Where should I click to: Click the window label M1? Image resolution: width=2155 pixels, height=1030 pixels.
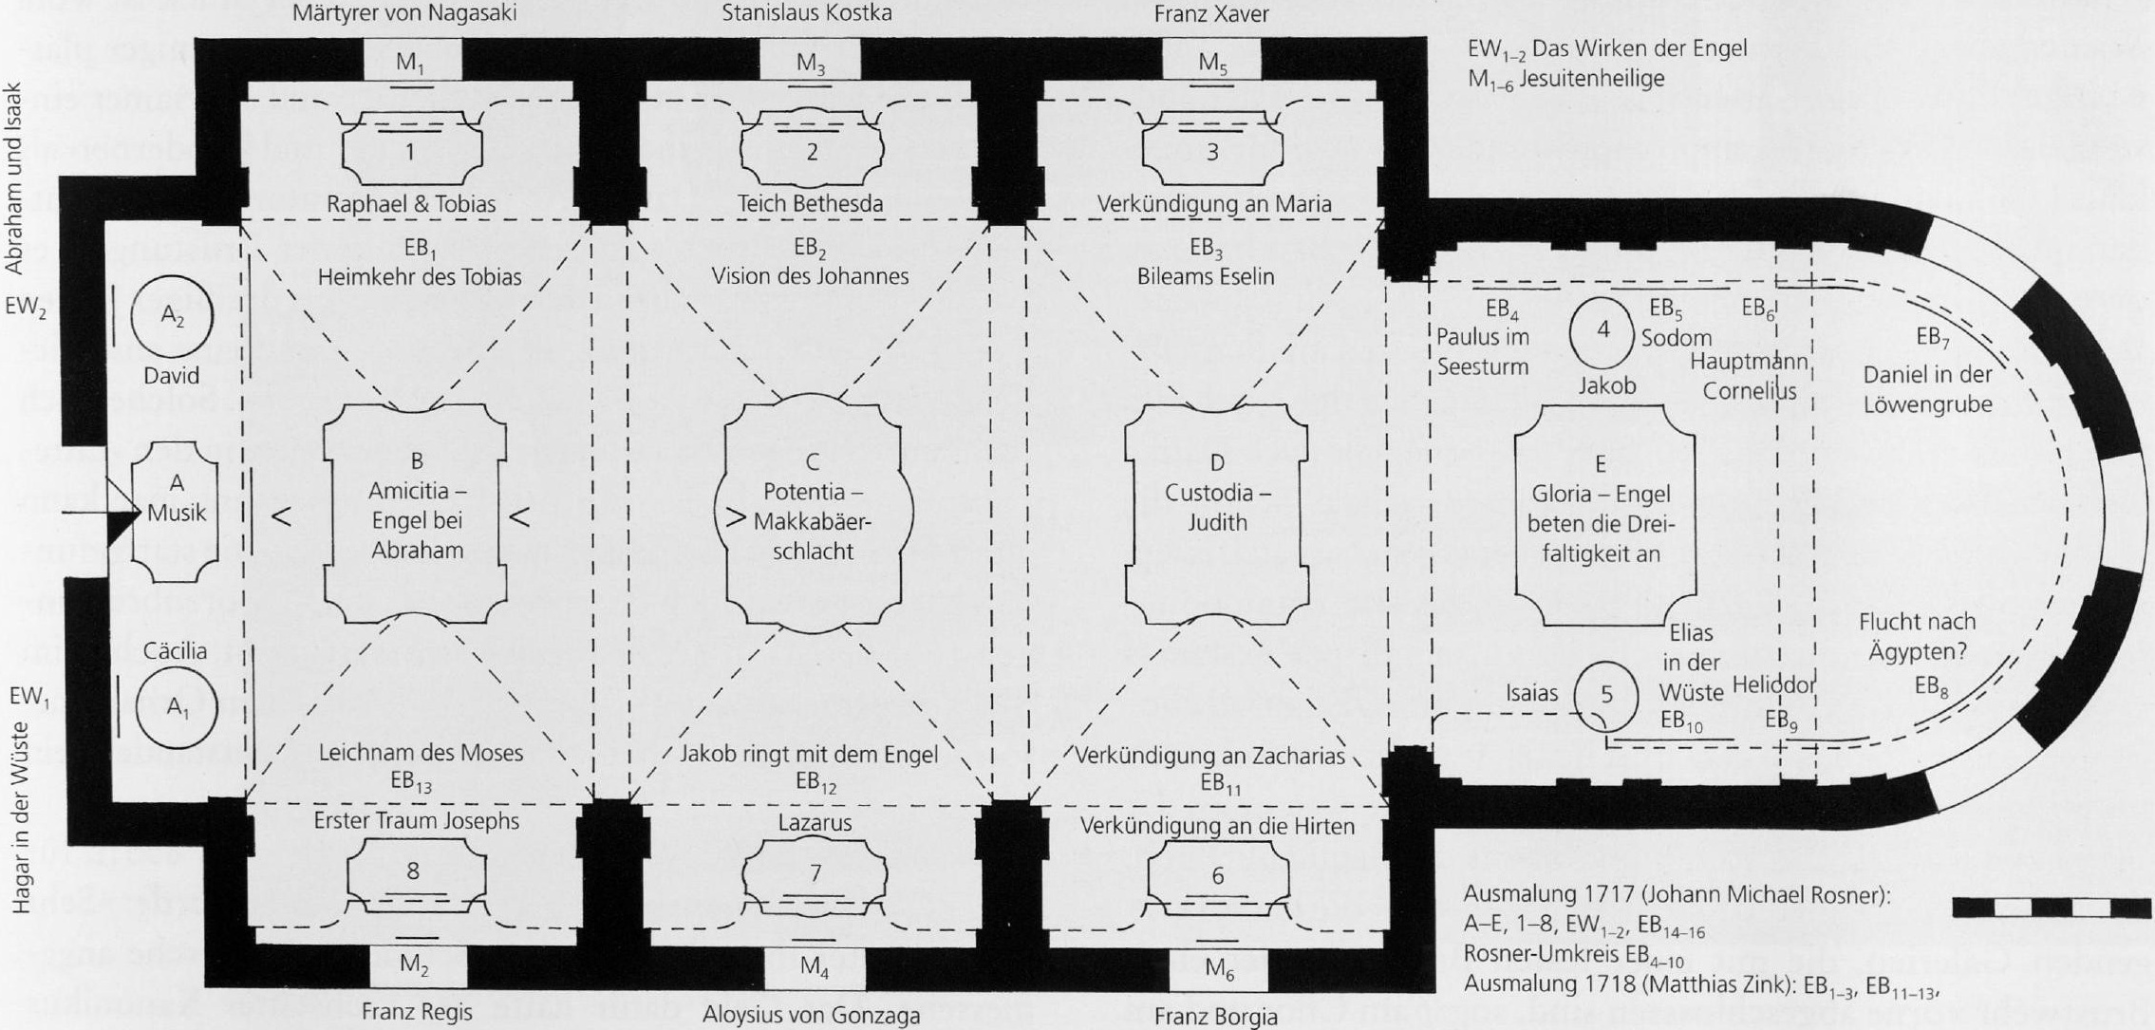pos(411,64)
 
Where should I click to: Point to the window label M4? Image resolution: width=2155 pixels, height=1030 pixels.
pos(814,966)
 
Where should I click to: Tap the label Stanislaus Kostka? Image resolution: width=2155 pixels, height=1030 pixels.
pos(807,13)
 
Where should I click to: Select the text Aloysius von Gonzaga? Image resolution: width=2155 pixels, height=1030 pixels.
pos(812,1015)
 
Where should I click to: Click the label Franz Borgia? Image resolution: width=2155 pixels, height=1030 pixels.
pos(1216,1017)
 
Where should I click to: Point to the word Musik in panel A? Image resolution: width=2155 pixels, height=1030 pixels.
pos(177,513)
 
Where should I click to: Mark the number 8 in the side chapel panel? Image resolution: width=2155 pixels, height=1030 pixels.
pos(413,870)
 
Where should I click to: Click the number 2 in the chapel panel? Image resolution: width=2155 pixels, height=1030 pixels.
pos(812,152)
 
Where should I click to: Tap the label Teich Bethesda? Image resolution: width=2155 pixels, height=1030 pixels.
pos(811,203)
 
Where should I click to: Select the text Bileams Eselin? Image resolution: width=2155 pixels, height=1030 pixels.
pos(1206,276)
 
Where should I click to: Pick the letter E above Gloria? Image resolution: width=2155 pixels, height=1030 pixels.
pos(1601,463)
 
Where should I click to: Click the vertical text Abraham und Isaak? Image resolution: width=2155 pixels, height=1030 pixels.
pos(15,178)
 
